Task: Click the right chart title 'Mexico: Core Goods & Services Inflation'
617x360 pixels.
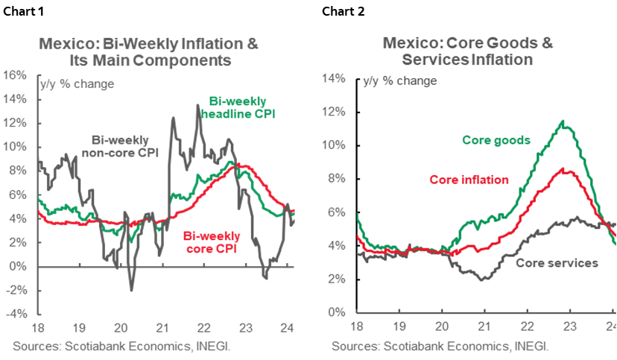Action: [467, 51]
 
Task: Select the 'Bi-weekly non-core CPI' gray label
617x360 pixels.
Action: [120, 146]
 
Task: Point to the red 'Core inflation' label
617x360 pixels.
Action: [469, 180]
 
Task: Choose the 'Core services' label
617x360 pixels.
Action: [557, 263]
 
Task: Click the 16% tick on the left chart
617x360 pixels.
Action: [16, 75]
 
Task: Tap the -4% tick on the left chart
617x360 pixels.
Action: [16, 314]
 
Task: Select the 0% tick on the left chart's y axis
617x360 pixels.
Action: [18, 266]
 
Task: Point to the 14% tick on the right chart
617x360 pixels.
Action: [335, 78]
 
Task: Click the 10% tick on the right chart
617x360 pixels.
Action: [335, 145]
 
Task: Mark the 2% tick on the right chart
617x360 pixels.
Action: [337, 280]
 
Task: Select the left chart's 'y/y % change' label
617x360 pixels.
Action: [77, 84]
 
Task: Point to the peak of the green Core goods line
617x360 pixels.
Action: [563, 121]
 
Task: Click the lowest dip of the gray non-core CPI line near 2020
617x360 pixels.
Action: [131, 290]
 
